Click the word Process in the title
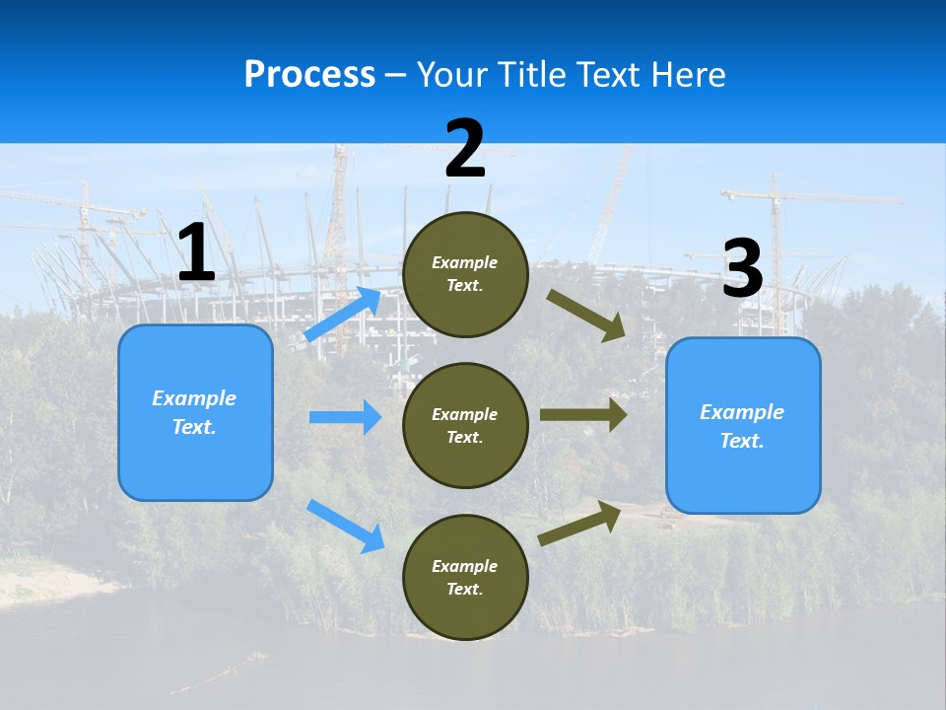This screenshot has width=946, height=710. [309, 74]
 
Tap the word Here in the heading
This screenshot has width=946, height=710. [687, 74]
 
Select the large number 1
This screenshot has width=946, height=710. [196, 253]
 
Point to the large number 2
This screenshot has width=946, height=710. [465, 149]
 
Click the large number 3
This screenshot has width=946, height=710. [742, 269]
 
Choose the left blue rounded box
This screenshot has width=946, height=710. [195, 412]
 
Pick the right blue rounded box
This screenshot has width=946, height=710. [743, 426]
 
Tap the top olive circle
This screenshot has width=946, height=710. [465, 274]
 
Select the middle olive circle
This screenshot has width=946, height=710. [465, 425]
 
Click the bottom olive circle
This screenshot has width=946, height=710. [465, 577]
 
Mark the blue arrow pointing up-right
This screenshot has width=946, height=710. [343, 314]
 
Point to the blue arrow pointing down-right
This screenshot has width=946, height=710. [345, 525]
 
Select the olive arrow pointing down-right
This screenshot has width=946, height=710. [586, 315]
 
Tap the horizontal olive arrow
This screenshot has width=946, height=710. [583, 415]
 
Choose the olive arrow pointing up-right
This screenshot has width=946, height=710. [579, 523]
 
